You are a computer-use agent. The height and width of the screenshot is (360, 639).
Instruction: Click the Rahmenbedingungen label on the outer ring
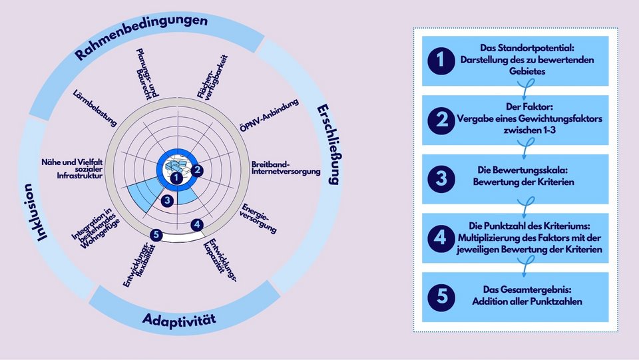(x=140, y=37)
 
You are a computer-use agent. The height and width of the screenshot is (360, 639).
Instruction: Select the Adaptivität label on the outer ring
(x=180, y=320)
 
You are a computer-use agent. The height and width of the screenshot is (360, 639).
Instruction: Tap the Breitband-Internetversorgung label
(x=286, y=168)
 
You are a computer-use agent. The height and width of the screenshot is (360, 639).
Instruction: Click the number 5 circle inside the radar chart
(x=155, y=234)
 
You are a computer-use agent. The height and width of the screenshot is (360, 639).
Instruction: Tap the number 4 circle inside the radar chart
(x=197, y=225)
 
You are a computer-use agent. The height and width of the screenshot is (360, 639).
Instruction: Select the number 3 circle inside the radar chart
(x=168, y=199)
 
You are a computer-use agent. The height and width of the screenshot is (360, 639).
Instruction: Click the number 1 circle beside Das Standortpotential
(x=440, y=61)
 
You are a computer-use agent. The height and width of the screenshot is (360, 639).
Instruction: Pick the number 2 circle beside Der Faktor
(x=440, y=120)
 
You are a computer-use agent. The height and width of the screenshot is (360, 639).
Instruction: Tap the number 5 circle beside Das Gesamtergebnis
(x=440, y=295)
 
